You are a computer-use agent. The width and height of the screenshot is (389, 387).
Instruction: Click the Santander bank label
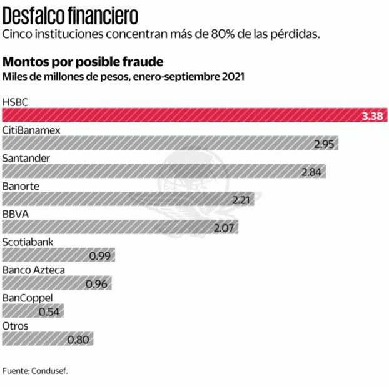[26, 157]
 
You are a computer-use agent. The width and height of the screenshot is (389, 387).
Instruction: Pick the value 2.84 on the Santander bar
[311, 172]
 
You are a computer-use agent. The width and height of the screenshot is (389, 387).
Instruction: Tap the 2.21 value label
[241, 200]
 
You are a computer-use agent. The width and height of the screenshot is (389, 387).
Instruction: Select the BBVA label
[15, 214]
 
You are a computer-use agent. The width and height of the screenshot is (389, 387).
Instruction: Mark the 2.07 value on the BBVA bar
[223, 228]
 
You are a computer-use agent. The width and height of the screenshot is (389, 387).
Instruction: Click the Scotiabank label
[28, 242]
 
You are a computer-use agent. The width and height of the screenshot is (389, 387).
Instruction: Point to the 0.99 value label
[100, 256]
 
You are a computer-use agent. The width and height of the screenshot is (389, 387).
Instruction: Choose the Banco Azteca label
[34, 270]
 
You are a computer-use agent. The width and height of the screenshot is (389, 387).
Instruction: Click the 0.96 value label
[96, 284]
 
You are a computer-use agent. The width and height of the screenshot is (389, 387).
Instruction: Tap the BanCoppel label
[28, 298]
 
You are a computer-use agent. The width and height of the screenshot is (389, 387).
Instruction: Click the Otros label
[15, 326]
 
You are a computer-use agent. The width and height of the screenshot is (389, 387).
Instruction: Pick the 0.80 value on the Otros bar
[79, 340]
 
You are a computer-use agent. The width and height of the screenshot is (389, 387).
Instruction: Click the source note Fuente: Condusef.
[35, 371]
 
